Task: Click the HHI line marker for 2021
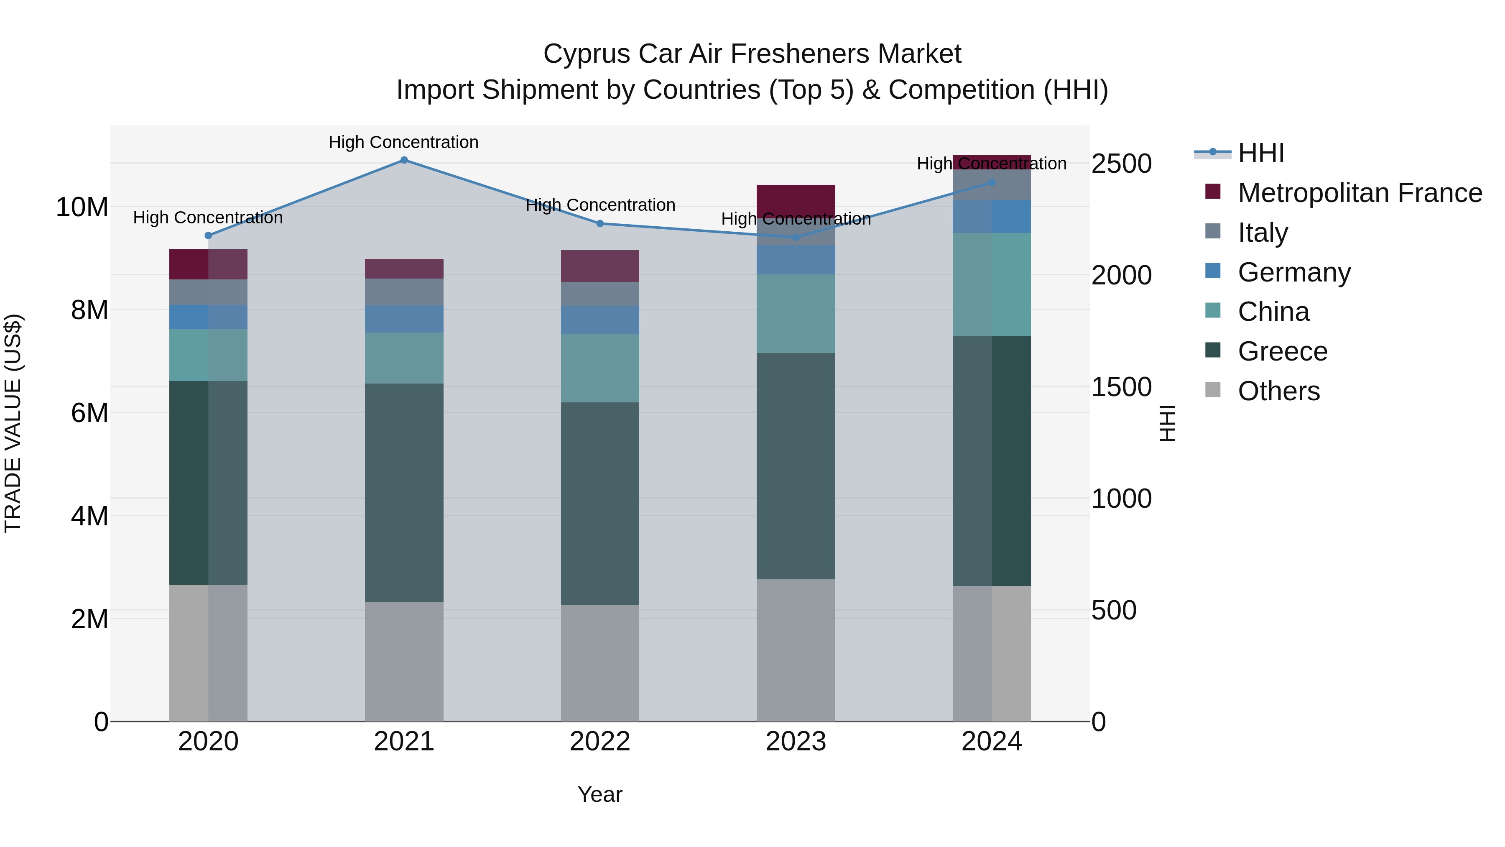(404, 160)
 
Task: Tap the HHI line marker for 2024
(992, 183)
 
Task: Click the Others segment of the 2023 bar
(796, 650)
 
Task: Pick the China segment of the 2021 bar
(404, 358)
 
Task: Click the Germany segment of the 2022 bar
(600, 320)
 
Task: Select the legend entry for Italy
(1262, 233)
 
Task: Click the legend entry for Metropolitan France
(1359, 193)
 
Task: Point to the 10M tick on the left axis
(82, 207)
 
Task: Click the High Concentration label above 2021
(404, 142)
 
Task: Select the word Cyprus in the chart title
(587, 54)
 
